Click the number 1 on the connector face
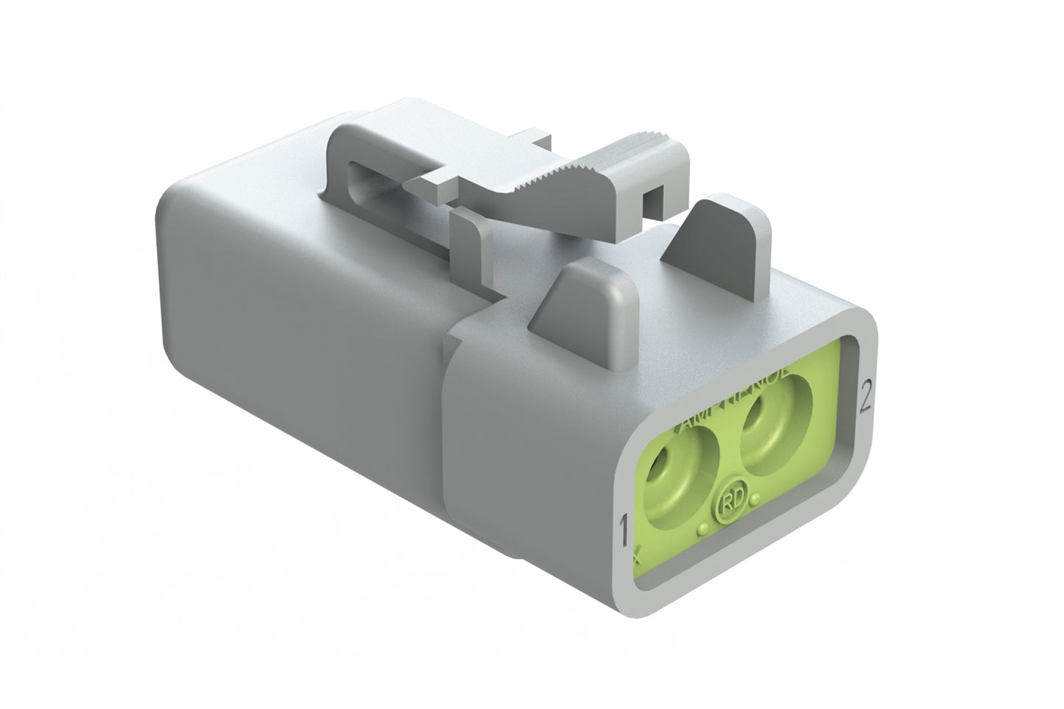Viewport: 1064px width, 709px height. coord(624,530)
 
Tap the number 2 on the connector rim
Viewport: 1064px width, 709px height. coord(865,398)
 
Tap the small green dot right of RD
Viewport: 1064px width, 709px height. coord(755,501)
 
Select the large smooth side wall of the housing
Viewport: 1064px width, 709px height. coord(295,324)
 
